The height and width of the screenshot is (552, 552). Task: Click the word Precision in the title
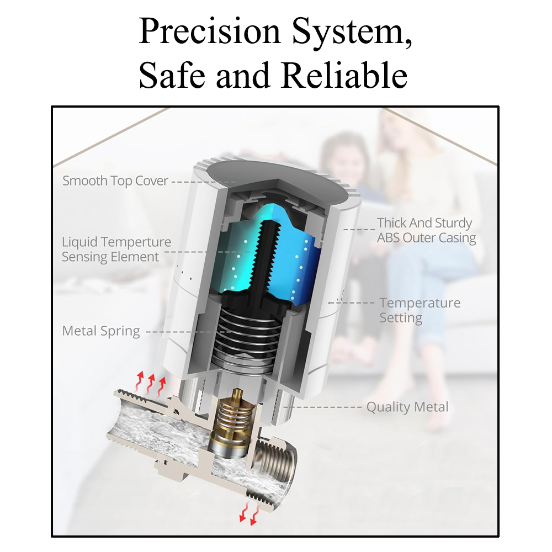pyautogui.click(x=209, y=31)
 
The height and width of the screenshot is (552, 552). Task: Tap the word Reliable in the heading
pyautogui.click(x=344, y=75)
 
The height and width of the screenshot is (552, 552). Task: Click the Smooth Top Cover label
pyautogui.click(x=115, y=181)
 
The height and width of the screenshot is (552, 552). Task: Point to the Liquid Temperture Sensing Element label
pyautogui.click(x=116, y=250)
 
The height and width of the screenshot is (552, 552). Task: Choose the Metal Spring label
pyautogui.click(x=101, y=331)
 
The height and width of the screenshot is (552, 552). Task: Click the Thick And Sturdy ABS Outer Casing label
pyautogui.click(x=426, y=230)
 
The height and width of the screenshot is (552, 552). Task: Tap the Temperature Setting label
pyautogui.click(x=420, y=310)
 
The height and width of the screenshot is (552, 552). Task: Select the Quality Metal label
pyautogui.click(x=407, y=407)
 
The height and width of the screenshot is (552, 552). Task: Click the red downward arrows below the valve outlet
pyautogui.click(x=248, y=514)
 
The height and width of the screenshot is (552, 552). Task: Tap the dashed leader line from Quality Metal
pyautogui.click(x=322, y=407)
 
